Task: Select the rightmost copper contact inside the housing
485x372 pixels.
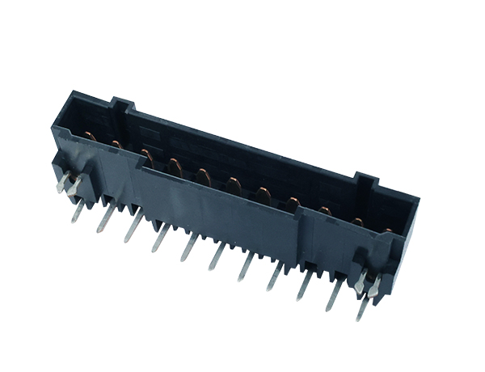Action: pos(386,232)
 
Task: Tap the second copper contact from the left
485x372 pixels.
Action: pos(116,145)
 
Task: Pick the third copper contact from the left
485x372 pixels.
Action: pos(146,154)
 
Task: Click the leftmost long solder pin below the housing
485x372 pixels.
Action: pos(78,211)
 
